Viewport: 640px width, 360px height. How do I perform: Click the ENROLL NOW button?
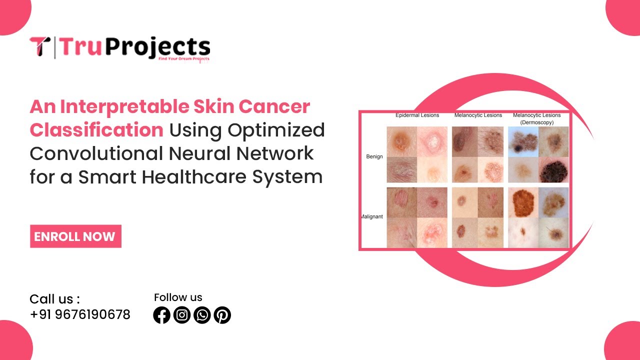coord(75,236)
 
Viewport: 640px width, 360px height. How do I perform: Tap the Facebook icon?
coord(162,315)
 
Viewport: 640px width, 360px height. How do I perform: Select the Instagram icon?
coord(182,315)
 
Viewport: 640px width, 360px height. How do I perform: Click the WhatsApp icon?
coord(202,315)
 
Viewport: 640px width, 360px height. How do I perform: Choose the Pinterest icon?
coord(222,315)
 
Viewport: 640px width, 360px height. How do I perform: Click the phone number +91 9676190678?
coord(80,314)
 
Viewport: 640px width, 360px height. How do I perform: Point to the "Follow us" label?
coord(178,297)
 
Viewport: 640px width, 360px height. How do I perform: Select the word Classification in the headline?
coord(96,130)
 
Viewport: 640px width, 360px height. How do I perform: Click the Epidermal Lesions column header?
coord(417,115)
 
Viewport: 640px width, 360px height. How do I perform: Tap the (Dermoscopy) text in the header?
coord(536,122)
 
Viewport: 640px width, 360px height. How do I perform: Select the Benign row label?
coord(374,156)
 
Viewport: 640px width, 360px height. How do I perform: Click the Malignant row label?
coord(372,216)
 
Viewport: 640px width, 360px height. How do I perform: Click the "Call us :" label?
coord(54,299)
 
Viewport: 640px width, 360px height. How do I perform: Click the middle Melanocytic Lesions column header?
coord(478,115)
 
